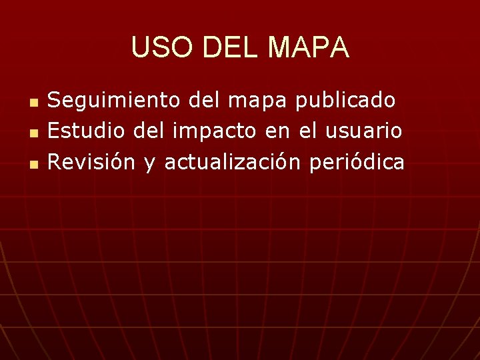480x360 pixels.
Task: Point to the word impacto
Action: click(215, 132)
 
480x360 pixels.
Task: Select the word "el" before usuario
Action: click(306, 131)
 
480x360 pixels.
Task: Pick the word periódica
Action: click(357, 163)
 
